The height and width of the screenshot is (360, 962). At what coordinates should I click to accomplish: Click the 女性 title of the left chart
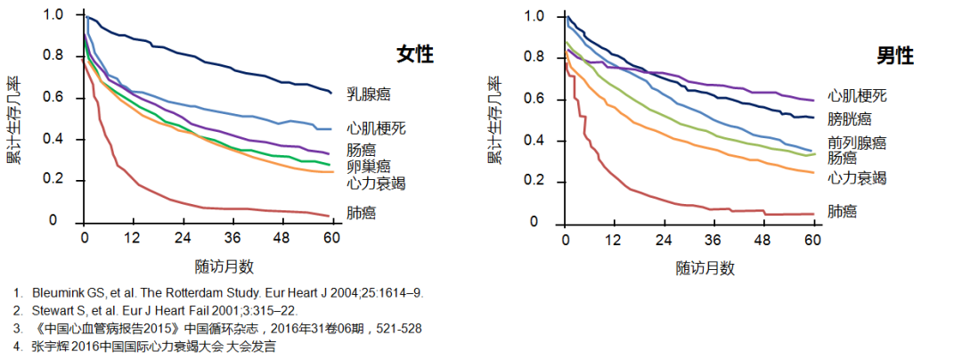[415, 55]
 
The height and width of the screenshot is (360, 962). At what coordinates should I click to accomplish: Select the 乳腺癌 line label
[368, 94]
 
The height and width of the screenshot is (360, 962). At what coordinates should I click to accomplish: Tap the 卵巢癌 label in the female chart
[368, 166]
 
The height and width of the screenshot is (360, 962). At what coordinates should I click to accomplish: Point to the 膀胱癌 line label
[849, 118]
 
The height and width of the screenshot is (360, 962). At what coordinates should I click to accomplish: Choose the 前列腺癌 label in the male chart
[857, 143]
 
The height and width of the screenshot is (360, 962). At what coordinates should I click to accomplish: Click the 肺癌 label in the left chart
[361, 212]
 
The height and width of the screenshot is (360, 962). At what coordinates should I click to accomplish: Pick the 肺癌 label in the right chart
[842, 211]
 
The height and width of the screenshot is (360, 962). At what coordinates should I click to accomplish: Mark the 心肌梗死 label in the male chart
[857, 95]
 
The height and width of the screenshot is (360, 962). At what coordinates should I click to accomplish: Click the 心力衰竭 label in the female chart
[376, 184]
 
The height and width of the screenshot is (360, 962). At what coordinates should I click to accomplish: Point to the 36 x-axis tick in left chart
[232, 240]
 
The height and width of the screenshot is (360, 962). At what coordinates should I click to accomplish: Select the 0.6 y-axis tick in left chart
[54, 98]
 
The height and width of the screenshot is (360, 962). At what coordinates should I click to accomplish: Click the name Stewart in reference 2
[53, 310]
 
